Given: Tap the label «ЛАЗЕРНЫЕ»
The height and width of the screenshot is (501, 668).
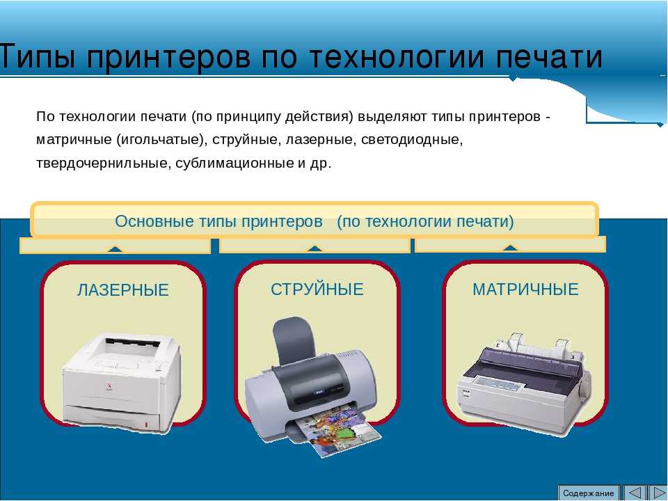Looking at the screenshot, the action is pyautogui.click(x=123, y=290).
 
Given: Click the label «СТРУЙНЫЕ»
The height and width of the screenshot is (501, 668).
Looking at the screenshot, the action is pyautogui.click(x=317, y=289).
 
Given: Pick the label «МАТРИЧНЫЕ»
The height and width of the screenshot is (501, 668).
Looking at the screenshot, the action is pyautogui.click(x=525, y=289).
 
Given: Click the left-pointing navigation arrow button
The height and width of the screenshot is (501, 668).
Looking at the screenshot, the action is pyautogui.click(x=634, y=493).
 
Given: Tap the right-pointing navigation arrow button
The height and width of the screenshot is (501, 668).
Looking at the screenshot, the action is pyautogui.click(x=657, y=493).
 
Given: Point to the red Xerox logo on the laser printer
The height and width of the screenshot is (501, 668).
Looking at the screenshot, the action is pyautogui.click(x=109, y=388).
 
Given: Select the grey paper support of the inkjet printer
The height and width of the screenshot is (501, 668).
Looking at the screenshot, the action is pyautogui.click(x=294, y=340).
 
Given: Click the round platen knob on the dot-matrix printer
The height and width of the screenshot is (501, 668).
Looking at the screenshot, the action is pyautogui.click(x=584, y=388).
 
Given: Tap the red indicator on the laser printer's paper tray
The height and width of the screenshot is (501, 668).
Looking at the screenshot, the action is pyautogui.click(x=147, y=424).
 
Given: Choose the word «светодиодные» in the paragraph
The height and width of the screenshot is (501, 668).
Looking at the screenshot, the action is pyautogui.click(x=412, y=140).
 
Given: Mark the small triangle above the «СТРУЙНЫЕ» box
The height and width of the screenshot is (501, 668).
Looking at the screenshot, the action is pyautogui.click(x=315, y=249).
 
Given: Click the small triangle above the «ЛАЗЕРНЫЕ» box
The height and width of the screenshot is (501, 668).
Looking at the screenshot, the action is pyautogui.click(x=115, y=249).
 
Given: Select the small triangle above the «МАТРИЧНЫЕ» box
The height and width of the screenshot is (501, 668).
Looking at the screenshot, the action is pyautogui.click(x=510, y=248).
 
